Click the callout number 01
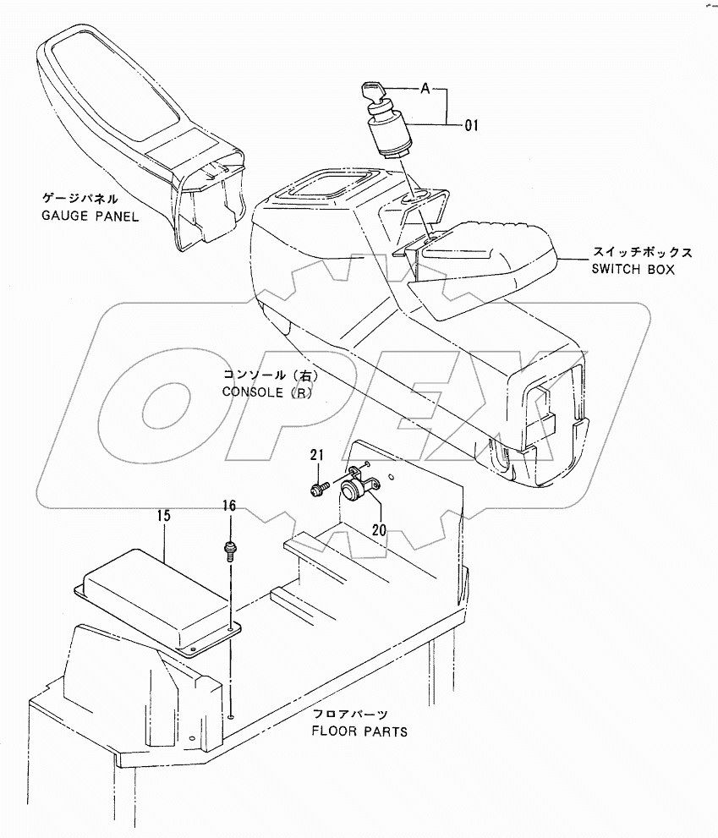pos(471,126)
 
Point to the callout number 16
pos(229,507)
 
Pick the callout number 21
pos(316,457)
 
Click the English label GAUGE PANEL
pos(90,216)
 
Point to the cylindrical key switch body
pos(390,135)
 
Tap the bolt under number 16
pos(229,550)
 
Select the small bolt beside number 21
pos(321,488)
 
